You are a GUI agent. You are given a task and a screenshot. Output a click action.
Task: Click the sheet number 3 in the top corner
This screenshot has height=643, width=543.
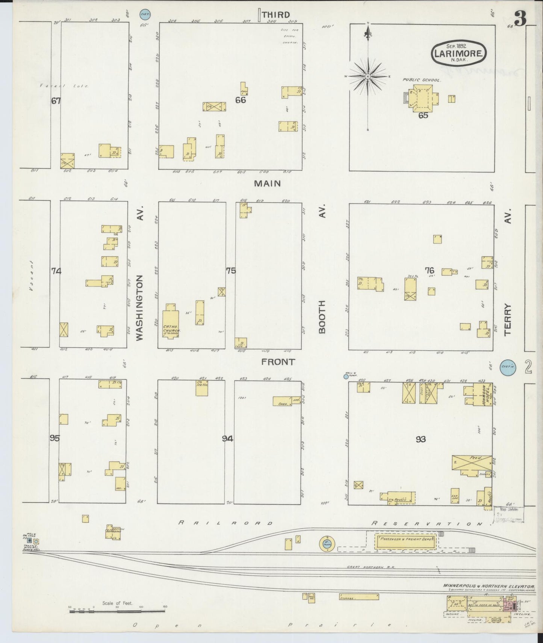[520, 18]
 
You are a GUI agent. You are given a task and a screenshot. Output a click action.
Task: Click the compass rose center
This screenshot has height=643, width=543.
[368, 76]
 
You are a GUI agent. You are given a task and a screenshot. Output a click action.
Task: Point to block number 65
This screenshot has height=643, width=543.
[423, 115]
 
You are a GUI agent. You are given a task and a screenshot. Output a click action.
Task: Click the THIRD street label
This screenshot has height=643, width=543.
[276, 15]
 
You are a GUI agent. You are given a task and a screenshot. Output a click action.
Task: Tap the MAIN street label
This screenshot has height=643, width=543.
[267, 183]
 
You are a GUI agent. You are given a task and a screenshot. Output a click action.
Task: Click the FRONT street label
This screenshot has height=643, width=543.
[278, 362]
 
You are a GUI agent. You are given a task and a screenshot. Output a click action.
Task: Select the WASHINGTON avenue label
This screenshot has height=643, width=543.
[139, 308]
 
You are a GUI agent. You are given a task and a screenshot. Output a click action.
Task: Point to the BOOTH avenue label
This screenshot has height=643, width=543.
[322, 317]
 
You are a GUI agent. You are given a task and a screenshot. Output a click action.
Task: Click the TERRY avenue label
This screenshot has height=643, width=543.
[508, 320]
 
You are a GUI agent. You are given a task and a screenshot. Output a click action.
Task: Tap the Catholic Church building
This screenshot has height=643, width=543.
[171, 323]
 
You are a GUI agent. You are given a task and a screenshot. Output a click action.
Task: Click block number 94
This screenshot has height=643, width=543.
[227, 438]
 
